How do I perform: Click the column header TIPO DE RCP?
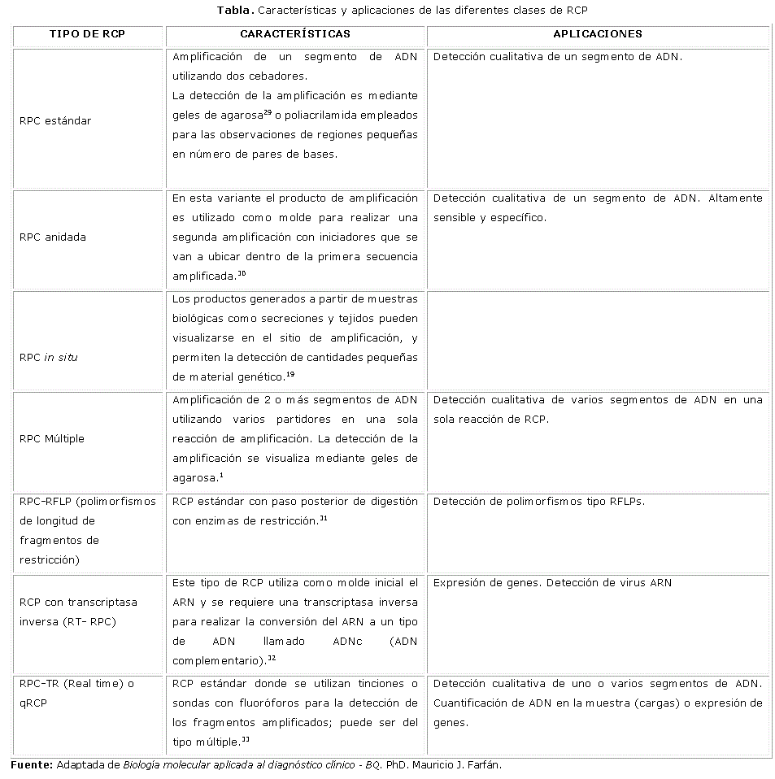tap(87, 34)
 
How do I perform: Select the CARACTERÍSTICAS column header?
tap(295, 34)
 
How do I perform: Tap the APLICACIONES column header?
tap(598, 34)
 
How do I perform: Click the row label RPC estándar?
tap(55, 121)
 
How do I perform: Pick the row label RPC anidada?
tap(53, 237)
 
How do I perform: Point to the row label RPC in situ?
tap(49, 358)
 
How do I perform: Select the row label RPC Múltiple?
tap(52, 439)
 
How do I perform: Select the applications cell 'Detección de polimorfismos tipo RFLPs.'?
tap(538, 502)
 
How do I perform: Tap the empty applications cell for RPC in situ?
tap(598, 342)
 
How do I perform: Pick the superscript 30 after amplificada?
tap(242, 273)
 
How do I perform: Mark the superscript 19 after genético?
tap(290, 373)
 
